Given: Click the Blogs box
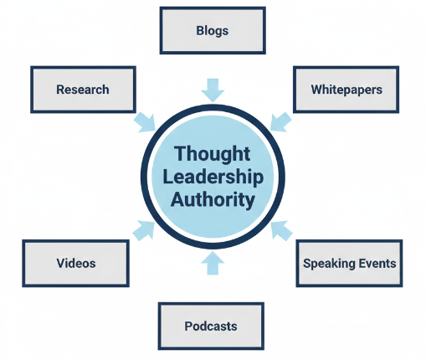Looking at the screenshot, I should coord(212,31).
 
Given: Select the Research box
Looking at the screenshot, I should coord(82,90).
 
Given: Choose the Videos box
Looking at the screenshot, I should coord(76,263).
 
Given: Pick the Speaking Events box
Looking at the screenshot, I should coord(349,263).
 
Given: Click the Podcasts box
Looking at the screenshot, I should coord(211,326).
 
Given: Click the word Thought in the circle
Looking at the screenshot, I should coord(213,155).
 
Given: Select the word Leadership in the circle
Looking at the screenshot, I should coord(213,177).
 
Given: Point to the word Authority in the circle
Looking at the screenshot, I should coord(213,199).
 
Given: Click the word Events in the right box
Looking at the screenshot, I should coord(377,263).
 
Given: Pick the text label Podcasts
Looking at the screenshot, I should coord(211,326).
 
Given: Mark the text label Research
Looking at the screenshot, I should coord(82,90).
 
